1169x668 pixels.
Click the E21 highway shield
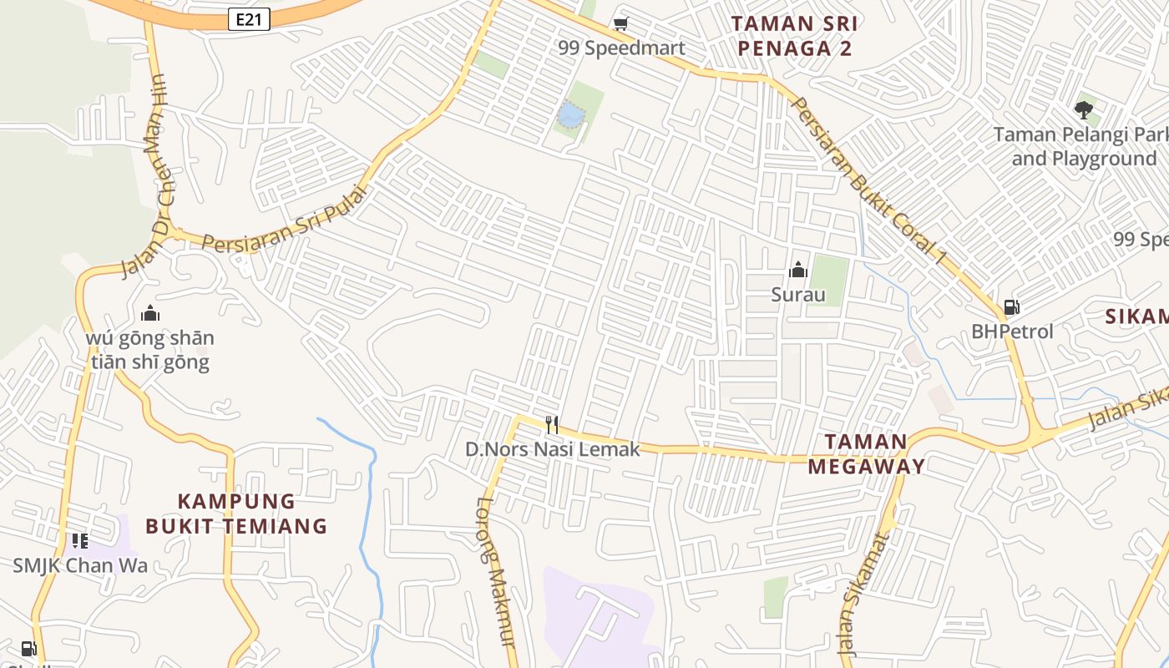tap(249, 19)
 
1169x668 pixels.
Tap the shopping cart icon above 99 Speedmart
tap(620, 24)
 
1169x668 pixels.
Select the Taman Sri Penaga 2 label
tap(794, 36)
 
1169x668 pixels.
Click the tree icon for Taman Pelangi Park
tap(1084, 109)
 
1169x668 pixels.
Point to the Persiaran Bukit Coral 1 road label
tap(868, 182)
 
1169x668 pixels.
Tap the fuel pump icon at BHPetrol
tap(1011, 307)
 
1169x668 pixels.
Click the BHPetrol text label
tap(1012, 331)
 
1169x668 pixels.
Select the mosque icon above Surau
tap(798, 270)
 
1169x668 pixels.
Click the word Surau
tap(798, 295)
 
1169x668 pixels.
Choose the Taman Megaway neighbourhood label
tap(866, 453)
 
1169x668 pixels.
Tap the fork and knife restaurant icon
tap(551, 425)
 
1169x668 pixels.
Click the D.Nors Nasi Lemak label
tap(552, 449)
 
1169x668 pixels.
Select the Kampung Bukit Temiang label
tap(236, 513)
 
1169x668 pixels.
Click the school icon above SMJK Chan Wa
tap(79, 541)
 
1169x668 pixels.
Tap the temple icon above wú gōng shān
tap(150, 314)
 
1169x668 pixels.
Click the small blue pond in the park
tap(570, 115)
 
